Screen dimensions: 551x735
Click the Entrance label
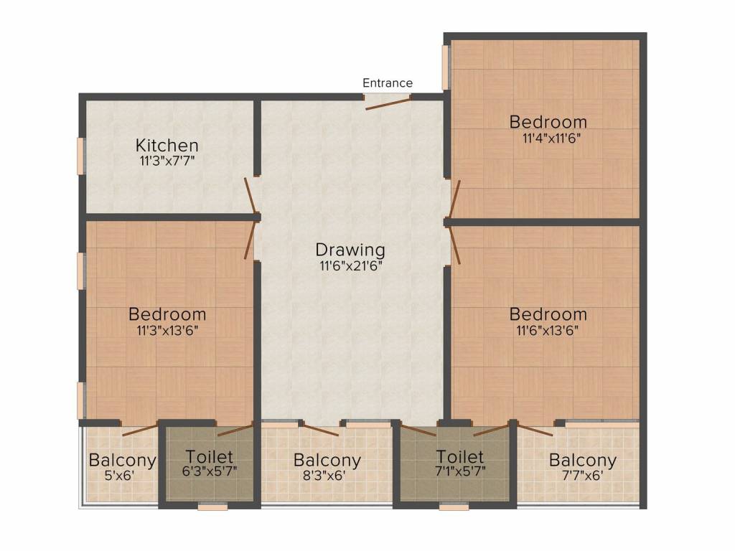click(387, 83)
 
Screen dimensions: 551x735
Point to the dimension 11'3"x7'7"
click(167, 161)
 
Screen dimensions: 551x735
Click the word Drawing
click(350, 250)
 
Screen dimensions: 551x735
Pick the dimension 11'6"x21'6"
click(350, 266)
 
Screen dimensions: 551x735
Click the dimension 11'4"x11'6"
click(548, 138)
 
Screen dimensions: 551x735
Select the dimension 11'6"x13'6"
click(548, 331)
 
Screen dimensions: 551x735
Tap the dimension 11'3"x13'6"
click(167, 331)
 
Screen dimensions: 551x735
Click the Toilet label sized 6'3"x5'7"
click(209, 457)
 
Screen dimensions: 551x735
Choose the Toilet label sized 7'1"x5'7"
click(459, 457)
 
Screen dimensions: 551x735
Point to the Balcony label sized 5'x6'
click(122, 461)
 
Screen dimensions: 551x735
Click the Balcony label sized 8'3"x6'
click(327, 461)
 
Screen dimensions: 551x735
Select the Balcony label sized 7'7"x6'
click(582, 461)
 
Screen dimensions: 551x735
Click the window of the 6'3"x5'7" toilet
click(212, 507)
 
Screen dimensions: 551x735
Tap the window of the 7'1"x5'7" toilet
click(454, 507)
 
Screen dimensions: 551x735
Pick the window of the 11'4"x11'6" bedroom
click(446, 67)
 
